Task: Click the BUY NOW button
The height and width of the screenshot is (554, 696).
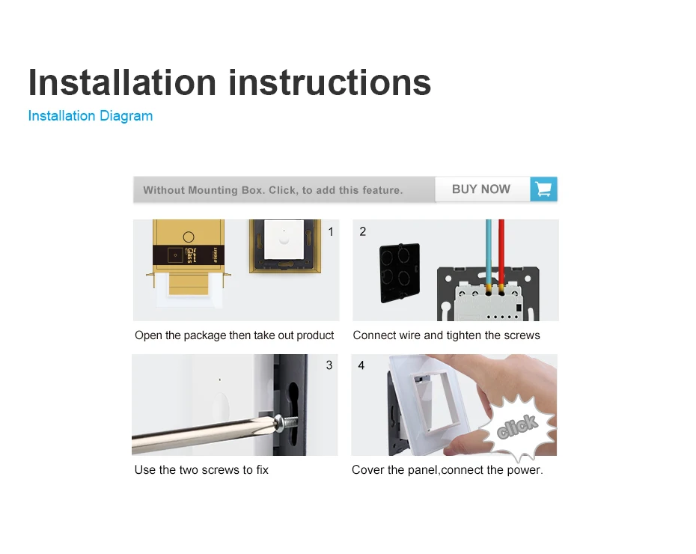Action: [x=481, y=189]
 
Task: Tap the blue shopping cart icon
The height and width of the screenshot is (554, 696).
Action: [x=544, y=189]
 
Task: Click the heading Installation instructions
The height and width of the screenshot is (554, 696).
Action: [x=230, y=82]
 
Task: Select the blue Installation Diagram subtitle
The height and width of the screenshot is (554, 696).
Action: [x=91, y=116]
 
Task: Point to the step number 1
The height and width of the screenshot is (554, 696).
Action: [x=331, y=232]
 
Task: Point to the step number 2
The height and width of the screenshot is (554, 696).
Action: [x=363, y=232]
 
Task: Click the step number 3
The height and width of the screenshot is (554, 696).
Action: [x=329, y=365]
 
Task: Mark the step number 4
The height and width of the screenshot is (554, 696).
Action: [x=361, y=365]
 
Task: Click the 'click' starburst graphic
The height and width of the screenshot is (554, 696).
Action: [x=518, y=427]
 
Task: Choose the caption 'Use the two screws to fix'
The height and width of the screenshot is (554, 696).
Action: [x=201, y=470]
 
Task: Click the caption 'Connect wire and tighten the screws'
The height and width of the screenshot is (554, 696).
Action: [x=446, y=335]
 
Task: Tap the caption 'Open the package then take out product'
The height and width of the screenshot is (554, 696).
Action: [x=234, y=335]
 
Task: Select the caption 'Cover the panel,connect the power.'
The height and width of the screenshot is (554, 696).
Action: [x=447, y=470]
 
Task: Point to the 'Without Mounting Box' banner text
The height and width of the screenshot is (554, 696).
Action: [x=273, y=190]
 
